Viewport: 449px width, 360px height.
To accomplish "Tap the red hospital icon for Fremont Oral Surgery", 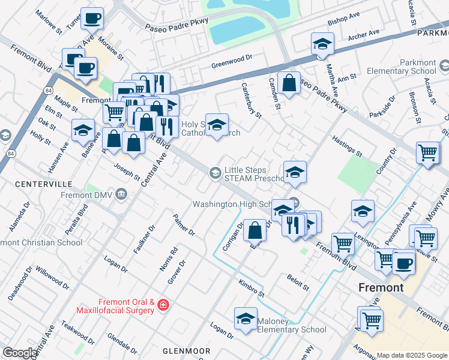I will tap(162, 307).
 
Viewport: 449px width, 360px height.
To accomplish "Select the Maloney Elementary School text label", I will tap(292, 325).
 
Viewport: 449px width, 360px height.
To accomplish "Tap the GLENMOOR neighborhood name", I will tap(186, 350).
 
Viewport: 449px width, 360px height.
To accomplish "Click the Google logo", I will tap(19, 353).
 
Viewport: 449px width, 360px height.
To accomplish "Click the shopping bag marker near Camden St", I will tap(289, 83).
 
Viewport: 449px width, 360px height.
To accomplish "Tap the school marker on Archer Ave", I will tap(322, 44).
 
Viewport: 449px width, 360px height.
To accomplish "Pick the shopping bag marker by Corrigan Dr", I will tap(255, 230).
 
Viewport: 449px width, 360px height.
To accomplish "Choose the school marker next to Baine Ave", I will tap(83, 130).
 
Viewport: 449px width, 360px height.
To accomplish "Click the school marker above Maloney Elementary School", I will tap(246, 319).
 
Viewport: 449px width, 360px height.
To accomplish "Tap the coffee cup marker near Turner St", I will tap(92, 19).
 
